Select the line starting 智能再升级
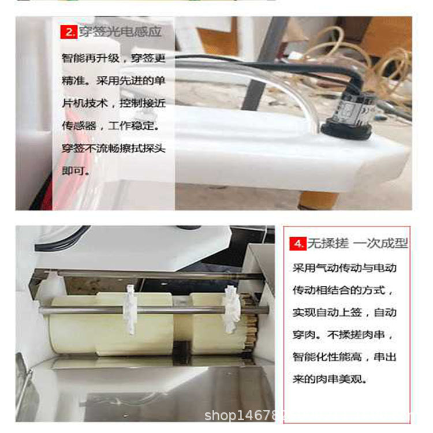[114, 59]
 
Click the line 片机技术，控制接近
[114, 104]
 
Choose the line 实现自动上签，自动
[344, 312]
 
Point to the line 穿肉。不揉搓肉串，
[344, 335]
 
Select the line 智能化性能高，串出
[344, 357]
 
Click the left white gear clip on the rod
[130, 309]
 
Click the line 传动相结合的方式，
[344, 290]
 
